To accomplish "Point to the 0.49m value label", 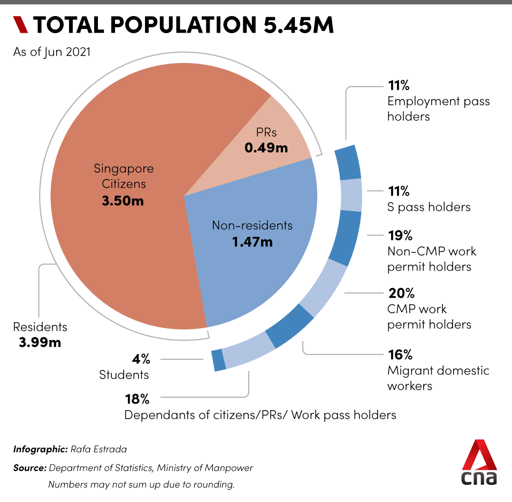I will (266, 148).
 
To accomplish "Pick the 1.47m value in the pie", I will (252, 242).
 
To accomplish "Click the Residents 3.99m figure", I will (40, 342).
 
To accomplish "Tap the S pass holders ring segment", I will (351, 196).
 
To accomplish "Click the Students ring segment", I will (219, 360).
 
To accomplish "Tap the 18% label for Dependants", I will (137, 399).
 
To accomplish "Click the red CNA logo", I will (479, 463).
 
